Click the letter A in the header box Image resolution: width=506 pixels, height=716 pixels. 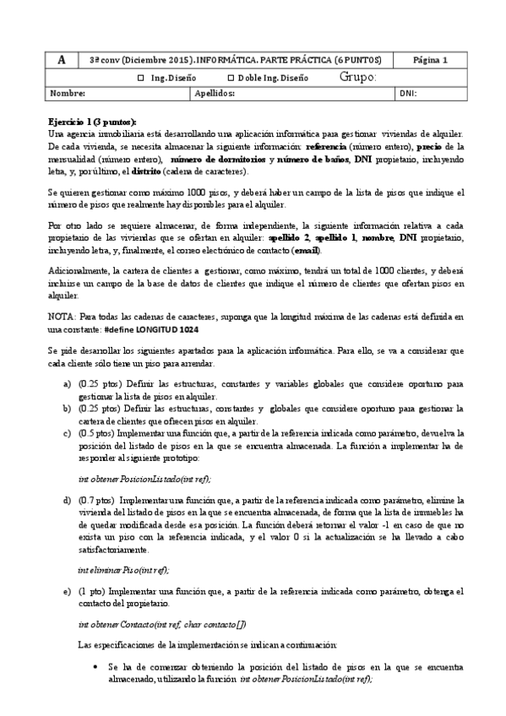62,60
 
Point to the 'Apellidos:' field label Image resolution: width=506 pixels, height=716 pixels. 215,94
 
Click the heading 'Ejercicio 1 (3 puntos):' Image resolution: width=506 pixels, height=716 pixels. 93,122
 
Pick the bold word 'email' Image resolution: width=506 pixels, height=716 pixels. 306,251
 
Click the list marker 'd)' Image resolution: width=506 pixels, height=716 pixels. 66,498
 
